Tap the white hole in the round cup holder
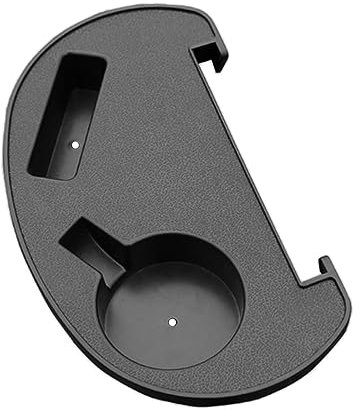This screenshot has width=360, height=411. coord(171,322)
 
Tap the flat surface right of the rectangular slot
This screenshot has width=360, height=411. coord(160,110)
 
